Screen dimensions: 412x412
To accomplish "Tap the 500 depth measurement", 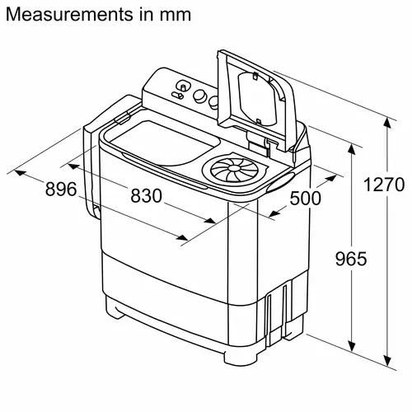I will [306, 198].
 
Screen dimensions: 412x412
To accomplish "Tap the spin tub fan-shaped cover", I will [230, 171].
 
